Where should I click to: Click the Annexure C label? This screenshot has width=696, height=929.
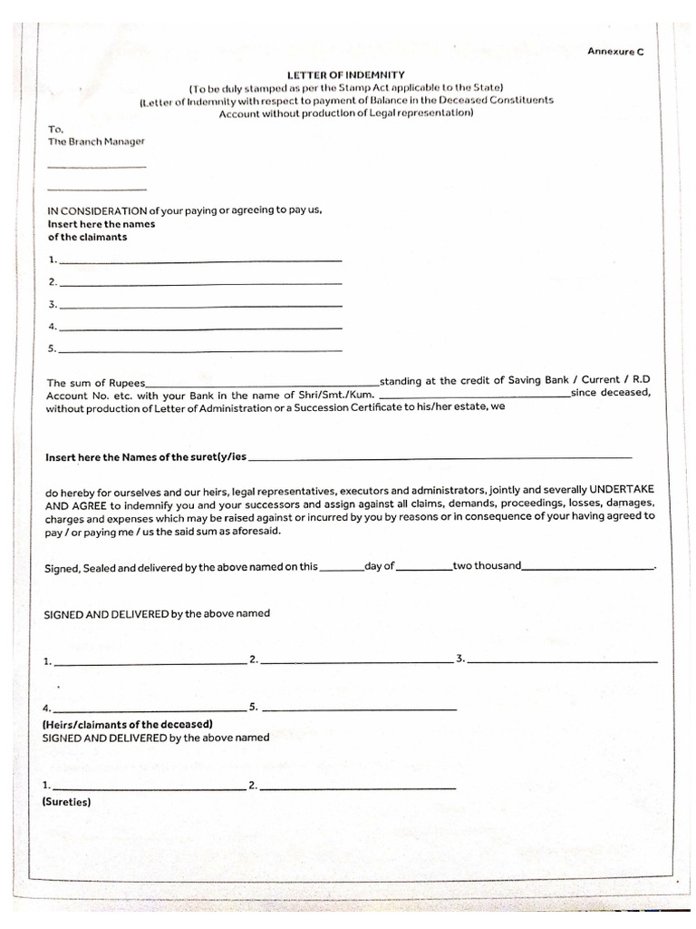click(x=614, y=52)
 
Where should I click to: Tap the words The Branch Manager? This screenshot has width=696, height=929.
click(x=96, y=142)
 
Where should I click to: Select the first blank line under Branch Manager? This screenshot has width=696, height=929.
click(x=96, y=165)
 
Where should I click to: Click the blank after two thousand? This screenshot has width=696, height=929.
click(x=587, y=569)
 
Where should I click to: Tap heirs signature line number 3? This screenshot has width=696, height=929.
click(x=562, y=661)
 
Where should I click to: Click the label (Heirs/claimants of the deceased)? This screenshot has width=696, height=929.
click(x=128, y=724)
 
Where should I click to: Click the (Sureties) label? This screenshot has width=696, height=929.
click(x=66, y=802)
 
